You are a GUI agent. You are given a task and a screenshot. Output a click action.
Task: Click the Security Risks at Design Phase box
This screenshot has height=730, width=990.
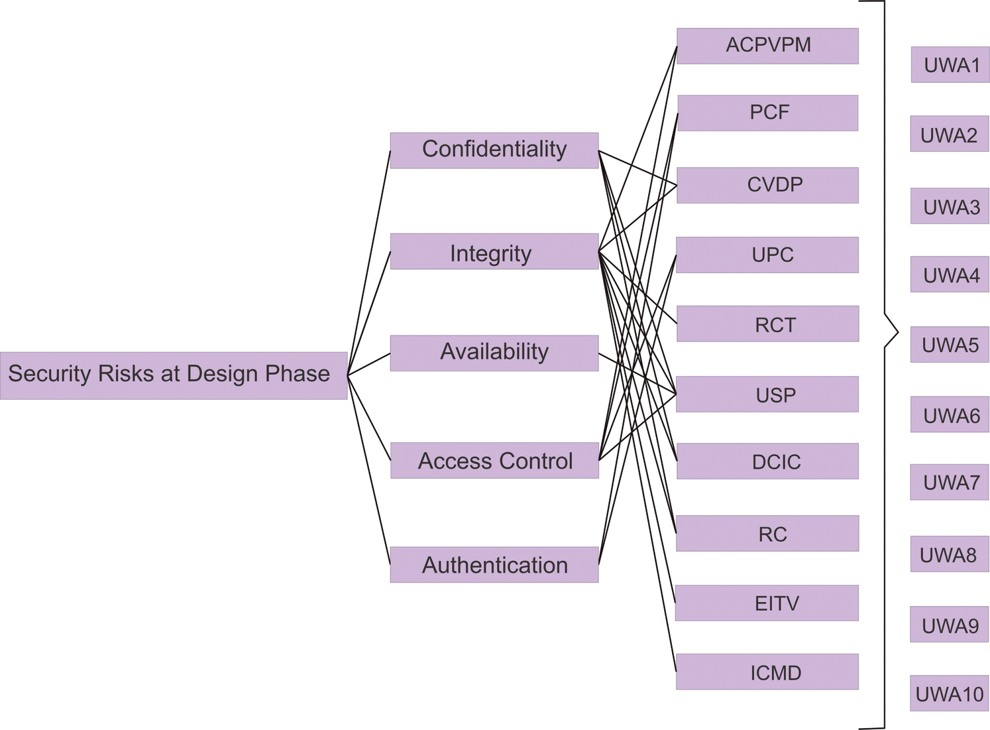(x=174, y=375)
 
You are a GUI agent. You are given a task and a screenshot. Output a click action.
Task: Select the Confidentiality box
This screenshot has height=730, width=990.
(x=494, y=151)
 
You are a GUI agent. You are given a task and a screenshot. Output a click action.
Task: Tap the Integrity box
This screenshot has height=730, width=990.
(x=494, y=251)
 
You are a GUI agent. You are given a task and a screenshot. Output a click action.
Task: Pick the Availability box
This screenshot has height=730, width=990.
(x=494, y=353)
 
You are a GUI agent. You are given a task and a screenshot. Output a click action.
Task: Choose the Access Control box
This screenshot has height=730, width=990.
(x=494, y=460)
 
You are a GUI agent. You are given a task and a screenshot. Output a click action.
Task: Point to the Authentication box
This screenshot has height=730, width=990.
(x=494, y=564)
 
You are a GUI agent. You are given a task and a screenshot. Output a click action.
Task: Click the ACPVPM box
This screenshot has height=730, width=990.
(x=767, y=46)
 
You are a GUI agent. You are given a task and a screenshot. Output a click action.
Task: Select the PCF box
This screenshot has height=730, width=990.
(x=767, y=113)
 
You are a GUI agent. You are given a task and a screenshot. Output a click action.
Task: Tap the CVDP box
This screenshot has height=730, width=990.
(x=767, y=185)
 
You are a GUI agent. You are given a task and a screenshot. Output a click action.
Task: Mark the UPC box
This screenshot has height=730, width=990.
(x=767, y=255)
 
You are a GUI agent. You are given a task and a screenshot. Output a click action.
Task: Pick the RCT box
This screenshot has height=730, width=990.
(x=767, y=324)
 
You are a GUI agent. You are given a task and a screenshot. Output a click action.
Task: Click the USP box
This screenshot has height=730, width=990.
(x=767, y=394)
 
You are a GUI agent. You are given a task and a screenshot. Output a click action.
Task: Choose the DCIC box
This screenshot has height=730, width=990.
(x=767, y=461)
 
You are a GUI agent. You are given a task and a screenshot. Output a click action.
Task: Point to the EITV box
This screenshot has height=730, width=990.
(x=767, y=603)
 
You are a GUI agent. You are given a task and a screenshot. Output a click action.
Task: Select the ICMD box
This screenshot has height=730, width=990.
(x=767, y=672)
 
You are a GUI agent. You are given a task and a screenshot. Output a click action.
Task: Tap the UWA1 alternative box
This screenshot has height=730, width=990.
(x=950, y=64)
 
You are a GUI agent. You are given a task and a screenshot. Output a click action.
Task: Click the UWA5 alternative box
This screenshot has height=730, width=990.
(x=950, y=344)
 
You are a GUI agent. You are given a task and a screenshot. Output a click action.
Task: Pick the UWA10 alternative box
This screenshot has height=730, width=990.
(x=950, y=693)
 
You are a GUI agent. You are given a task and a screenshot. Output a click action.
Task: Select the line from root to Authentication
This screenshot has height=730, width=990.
(x=369, y=471)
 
